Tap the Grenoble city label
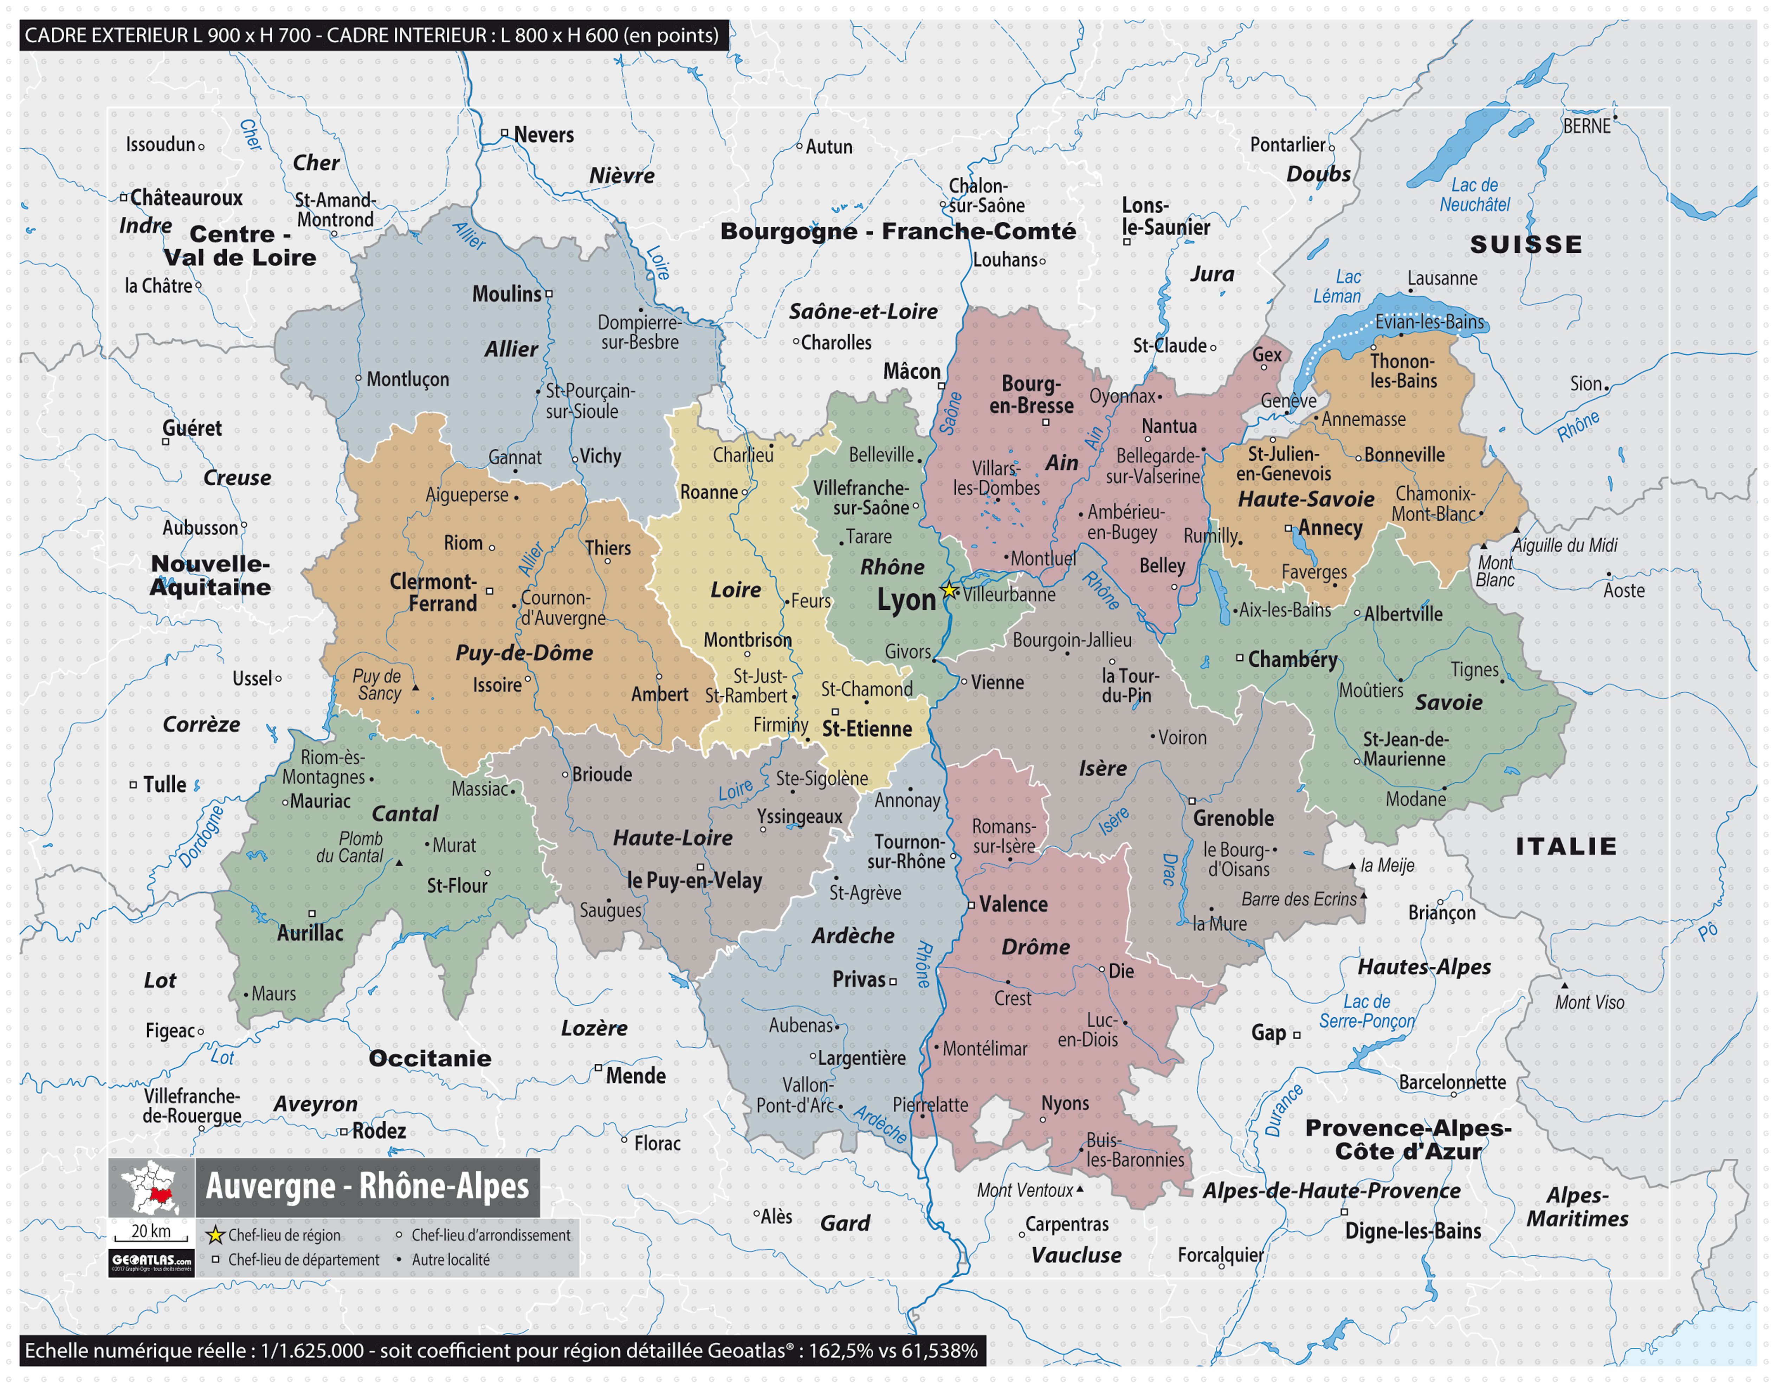click(x=1234, y=818)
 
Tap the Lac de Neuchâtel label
click(x=1474, y=195)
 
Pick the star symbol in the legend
click(x=215, y=1236)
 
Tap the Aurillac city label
click(x=310, y=933)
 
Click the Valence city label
click(x=1013, y=905)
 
